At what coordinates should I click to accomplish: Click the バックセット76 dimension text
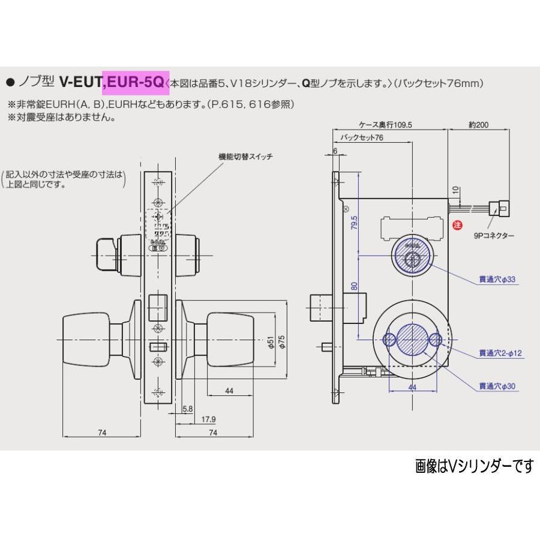361,138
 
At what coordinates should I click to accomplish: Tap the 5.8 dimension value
188,409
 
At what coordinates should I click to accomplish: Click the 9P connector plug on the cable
500,208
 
